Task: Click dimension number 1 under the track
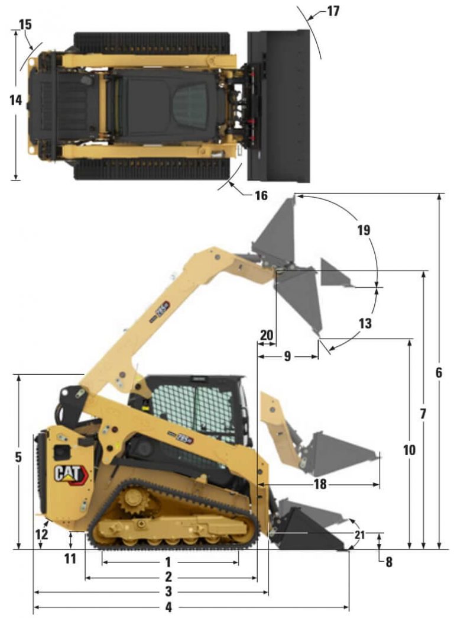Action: tap(168, 561)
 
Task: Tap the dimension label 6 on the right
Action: tap(438, 373)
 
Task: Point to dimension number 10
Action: tap(409, 450)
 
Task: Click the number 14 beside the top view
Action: tap(15, 101)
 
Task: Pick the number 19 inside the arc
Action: tap(364, 230)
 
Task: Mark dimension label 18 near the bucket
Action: tap(320, 484)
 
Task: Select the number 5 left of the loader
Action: tap(18, 457)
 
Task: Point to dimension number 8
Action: tap(388, 562)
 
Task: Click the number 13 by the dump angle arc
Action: tap(365, 324)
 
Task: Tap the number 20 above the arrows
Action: tap(267, 335)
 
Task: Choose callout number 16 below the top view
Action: tap(261, 195)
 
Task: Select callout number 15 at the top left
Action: tap(25, 24)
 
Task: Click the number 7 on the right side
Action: tap(423, 414)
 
